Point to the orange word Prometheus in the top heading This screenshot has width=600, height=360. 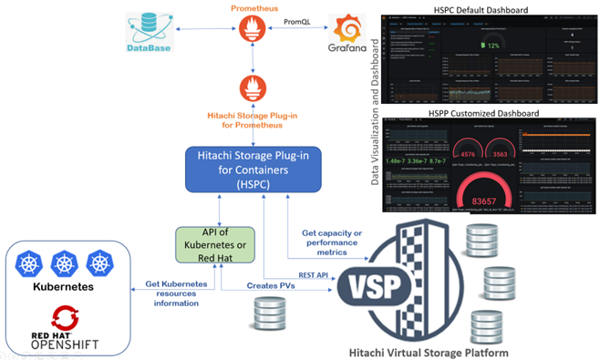[x=252, y=7]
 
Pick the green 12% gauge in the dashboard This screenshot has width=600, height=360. [x=491, y=43]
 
